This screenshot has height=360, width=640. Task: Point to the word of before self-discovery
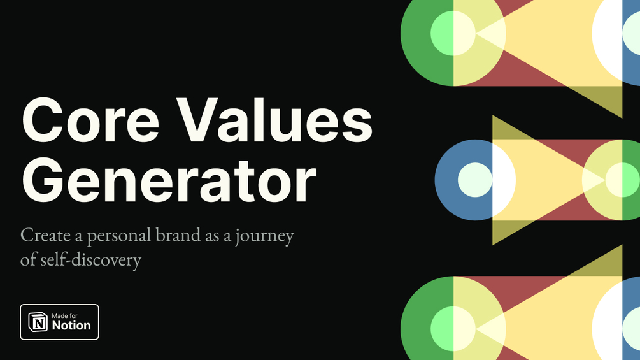coord(29,259)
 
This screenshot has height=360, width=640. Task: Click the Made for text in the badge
coord(64,316)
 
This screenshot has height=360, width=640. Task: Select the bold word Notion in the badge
coord(71,326)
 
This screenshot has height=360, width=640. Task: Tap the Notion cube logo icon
coord(38,322)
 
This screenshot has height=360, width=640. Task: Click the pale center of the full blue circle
coord(475,180)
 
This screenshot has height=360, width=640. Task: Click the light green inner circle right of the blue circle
coord(622,180)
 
